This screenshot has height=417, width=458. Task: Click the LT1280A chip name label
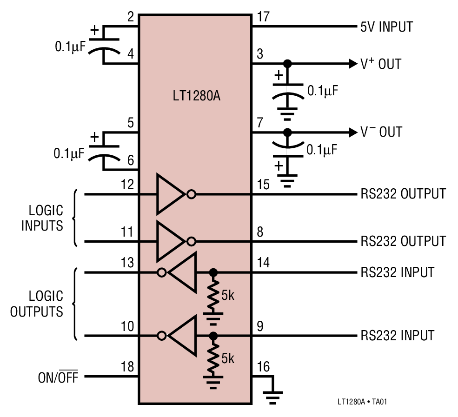196,97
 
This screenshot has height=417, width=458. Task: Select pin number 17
263,18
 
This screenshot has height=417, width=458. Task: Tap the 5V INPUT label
386,27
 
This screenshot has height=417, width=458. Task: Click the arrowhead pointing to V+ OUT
352,64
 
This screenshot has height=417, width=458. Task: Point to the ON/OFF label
58,377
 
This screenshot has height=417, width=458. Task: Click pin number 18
127,366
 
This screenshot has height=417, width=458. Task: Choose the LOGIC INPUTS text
42,218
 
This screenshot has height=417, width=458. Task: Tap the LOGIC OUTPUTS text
37,304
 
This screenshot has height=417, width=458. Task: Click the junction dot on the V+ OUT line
287,64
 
